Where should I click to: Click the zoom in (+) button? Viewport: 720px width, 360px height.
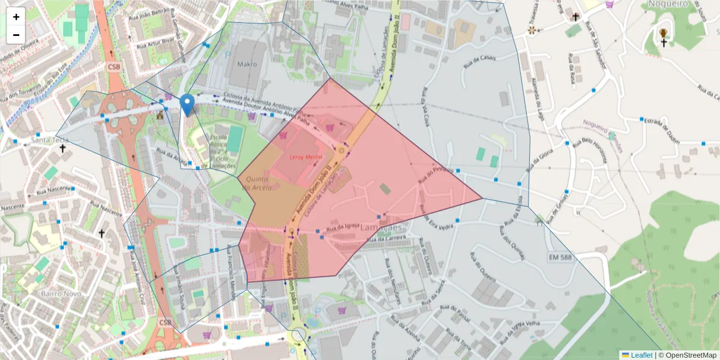[x=16, y=17]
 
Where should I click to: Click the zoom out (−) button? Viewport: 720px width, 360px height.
[x=16, y=35]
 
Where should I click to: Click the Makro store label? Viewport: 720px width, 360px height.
[x=247, y=64]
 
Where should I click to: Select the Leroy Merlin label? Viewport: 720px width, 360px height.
[x=306, y=157]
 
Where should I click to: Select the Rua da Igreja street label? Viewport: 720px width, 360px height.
[x=343, y=229]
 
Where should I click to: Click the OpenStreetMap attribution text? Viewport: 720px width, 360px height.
[x=688, y=355]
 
